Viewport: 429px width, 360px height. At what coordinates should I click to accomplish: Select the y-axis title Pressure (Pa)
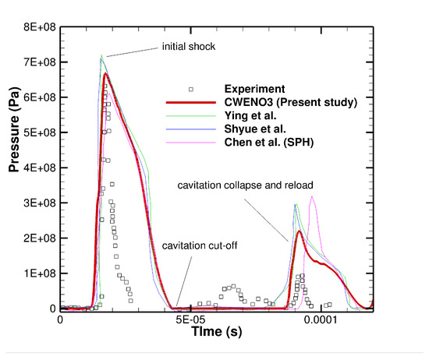13,168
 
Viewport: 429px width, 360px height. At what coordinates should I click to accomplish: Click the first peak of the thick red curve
105,74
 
